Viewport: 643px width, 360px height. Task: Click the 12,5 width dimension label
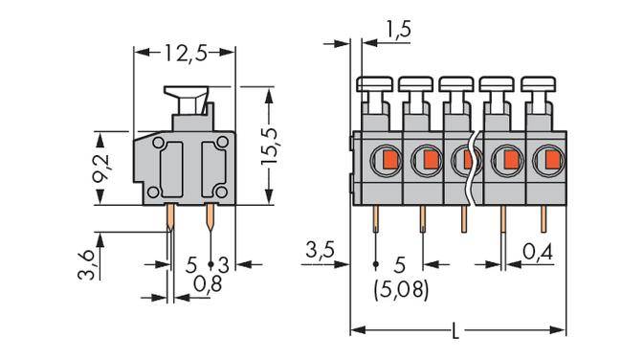pyautogui.click(x=185, y=55)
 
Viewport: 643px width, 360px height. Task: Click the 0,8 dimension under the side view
pyautogui.click(x=203, y=282)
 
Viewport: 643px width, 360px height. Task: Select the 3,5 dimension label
pyautogui.click(x=320, y=253)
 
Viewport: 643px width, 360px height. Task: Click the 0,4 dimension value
pyautogui.click(x=539, y=253)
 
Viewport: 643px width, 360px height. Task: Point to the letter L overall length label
pyautogui.click(x=455, y=332)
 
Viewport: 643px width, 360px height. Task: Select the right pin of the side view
pyautogui.click(x=210, y=223)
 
